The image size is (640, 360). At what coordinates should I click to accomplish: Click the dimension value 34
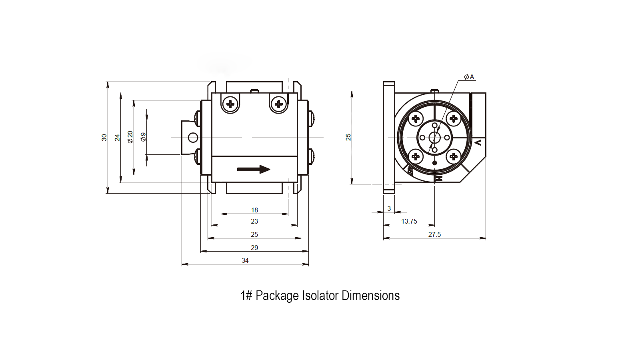[x=245, y=260]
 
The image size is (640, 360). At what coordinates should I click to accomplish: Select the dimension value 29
[x=254, y=248]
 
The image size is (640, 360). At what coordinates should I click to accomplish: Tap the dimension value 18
[x=254, y=210]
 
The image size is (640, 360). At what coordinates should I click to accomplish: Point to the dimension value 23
[x=254, y=221]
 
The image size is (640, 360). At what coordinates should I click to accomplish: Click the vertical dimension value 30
[x=104, y=137]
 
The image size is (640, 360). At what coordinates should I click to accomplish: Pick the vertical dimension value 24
[x=117, y=137]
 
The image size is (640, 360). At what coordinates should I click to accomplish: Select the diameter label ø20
[x=130, y=137]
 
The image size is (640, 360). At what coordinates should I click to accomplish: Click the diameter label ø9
[x=143, y=137]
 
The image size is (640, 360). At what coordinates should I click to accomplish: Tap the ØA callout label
[x=469, y=77]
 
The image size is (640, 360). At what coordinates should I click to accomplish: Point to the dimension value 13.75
[x=409, y=221]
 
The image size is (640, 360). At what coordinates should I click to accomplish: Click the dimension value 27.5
[x=434, y=234]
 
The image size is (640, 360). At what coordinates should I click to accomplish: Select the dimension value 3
[x=389, y=208]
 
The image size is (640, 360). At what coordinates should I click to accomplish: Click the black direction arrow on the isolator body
[x=254, y=169]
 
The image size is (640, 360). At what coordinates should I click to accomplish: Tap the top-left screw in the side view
[x=230, y=104]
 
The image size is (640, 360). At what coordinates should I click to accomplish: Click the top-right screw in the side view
[x=279, y=104]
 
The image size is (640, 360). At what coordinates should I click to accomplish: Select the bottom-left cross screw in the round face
[x=416, y=156]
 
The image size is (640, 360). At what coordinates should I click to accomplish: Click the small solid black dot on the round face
[x=434, y=163]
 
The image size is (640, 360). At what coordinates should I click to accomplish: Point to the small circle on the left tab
[x=193, y=138]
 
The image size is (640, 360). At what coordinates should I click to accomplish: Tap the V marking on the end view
[x=478, y=142]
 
